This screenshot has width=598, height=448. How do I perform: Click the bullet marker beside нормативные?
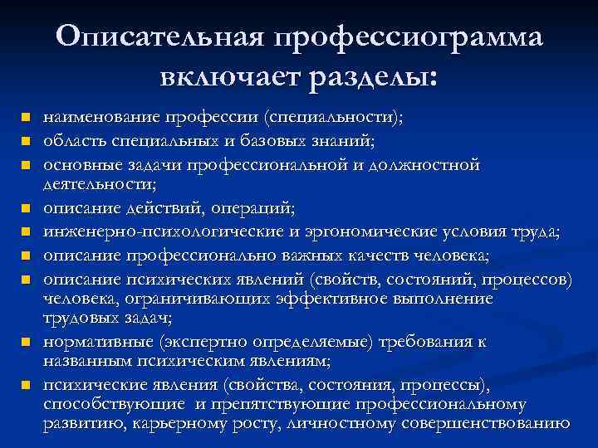[27, 341]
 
